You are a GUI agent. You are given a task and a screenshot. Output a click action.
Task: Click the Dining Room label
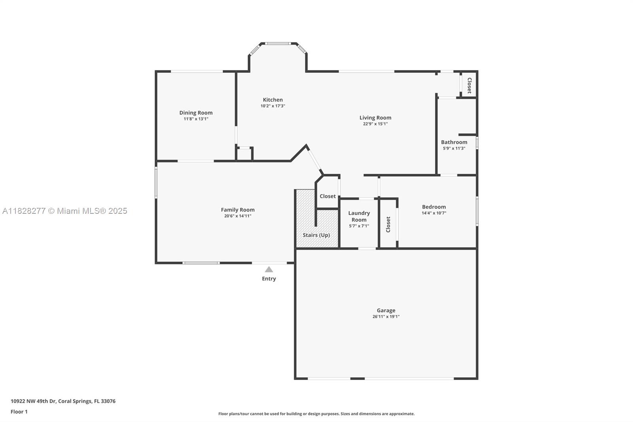point(196,113)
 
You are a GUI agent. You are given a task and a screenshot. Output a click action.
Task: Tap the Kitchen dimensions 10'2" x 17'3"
point(273,106)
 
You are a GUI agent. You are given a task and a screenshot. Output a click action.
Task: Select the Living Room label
point(375,118)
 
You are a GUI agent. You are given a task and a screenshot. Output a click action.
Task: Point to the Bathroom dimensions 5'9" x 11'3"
point(454,148)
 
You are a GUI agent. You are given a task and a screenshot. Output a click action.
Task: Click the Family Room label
point(237,210)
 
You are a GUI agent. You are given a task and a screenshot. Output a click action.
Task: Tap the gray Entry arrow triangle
point(269,270)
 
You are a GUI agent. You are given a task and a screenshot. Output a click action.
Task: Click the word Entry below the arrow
point(269,279)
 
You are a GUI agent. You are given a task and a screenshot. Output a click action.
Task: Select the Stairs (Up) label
point(316,235)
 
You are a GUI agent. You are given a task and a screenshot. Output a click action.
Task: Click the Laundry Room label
point(359,216)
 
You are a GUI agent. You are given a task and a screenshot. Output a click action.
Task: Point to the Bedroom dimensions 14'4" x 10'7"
point(434,213)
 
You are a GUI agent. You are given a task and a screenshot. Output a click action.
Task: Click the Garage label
point(386,310)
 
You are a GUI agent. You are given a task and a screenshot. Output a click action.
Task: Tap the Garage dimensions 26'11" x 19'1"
point(386,317)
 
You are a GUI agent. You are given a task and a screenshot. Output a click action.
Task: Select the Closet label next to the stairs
point(328,196)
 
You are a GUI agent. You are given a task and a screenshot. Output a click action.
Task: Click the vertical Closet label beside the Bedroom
point(388,224)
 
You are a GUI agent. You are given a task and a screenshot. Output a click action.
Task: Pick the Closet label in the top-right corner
point(469,85)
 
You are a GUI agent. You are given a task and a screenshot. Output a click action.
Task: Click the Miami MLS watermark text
point(64,211)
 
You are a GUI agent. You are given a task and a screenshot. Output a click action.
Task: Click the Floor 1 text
point(19,412)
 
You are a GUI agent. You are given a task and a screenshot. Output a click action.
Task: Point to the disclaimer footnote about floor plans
point(316,414)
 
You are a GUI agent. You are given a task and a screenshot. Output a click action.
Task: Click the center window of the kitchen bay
point(277,44)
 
